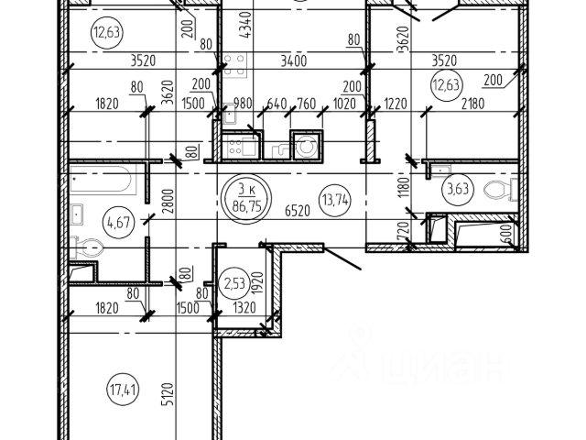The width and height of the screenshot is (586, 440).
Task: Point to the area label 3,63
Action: click(x=454, y=191)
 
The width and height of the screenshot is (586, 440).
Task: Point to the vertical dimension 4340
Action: click(x=244, y=19)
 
